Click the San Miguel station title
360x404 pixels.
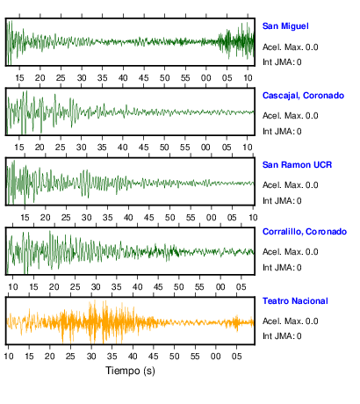[285, 26]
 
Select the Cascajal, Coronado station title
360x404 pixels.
[303, 96]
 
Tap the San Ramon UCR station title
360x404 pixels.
[297, 165]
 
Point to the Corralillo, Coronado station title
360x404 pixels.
[305, 232]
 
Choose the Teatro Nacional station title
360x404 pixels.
[295, 301]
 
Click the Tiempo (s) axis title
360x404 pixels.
[130, 371]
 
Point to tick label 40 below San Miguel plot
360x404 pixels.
[123, 78]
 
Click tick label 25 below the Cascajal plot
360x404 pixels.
[61, 148]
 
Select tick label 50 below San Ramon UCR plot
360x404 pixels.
[169, 218]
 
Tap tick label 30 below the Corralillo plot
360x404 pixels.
[96, 287]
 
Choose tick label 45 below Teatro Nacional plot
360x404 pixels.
[154, 357]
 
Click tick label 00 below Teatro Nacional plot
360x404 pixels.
[216, 357]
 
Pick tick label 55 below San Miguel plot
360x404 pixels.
[185, 78]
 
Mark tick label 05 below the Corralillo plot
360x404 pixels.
[241, 287]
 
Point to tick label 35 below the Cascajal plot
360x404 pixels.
[102, 148]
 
